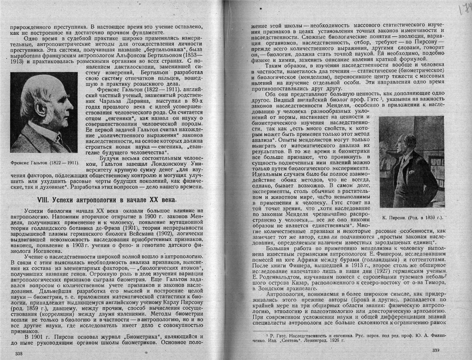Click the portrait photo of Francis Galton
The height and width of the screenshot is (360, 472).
pyautogui.click(x=44, y=112)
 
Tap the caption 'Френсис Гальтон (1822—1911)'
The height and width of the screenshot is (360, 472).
pyautogui.click(x=44, y=163)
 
